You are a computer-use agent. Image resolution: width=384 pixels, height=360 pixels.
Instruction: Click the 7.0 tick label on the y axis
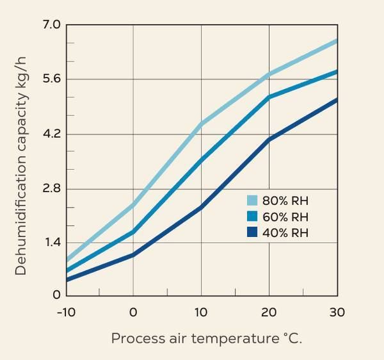pyautogui.click(x=51, y=24)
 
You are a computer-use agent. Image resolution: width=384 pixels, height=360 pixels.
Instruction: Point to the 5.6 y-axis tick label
pyautogui.click(x=51, y=79)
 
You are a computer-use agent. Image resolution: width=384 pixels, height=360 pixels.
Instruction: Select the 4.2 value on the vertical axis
pyautogui.click(x=51, y=134)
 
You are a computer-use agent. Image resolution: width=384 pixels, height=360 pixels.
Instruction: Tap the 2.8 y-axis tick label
pyautogui.click(x=51, y=188)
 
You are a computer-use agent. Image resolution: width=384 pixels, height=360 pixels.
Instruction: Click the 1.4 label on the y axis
pyautogui.click(x=51, y=242)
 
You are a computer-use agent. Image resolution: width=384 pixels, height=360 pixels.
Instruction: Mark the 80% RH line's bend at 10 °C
pyautogui.click(x=201, y=124)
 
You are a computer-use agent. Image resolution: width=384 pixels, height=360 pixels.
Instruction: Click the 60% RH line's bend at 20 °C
pyautogui.click(x=269, y=97)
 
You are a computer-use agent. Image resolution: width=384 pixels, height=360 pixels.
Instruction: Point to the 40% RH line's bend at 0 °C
pyautogui.click(x=133, y=255)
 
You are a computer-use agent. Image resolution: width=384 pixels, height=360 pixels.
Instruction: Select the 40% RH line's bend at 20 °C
pyautogui.click(x=269, y=139)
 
